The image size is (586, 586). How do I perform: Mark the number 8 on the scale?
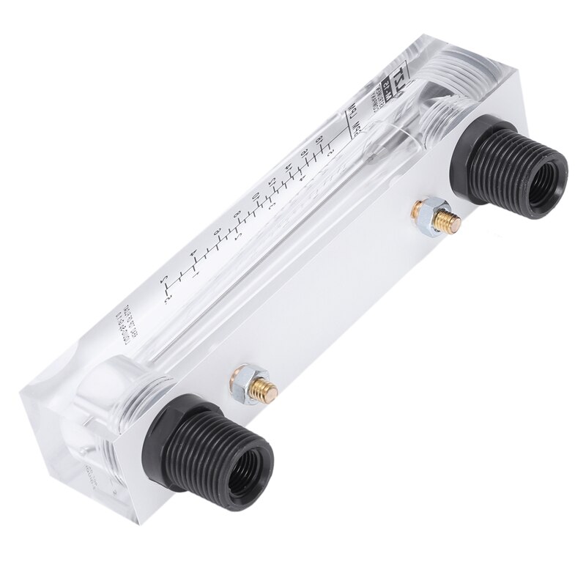pos(217,232)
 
